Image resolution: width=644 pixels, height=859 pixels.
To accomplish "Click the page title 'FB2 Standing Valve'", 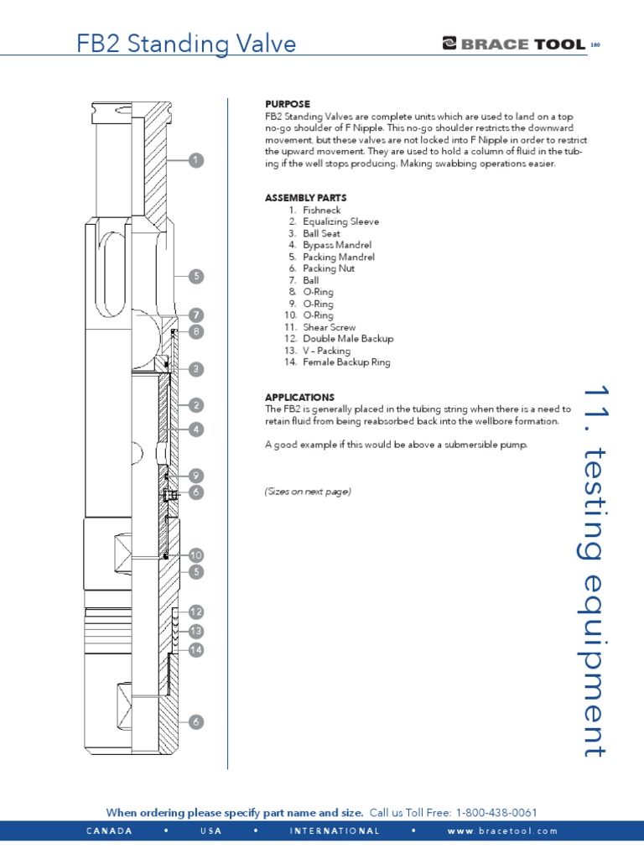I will tap(186, 44).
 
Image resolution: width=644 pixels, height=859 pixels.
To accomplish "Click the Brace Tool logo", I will tap(513, 44).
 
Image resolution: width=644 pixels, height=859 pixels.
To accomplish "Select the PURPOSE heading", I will tap(288, 103).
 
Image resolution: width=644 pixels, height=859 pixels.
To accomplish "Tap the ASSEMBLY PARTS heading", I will tap(306, 198).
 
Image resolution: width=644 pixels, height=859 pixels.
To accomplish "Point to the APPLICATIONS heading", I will tap(299, 397).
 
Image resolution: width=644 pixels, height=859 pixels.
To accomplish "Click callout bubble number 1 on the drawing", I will tap(195, 160).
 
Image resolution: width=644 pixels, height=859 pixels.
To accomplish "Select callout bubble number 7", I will tap(195, 315).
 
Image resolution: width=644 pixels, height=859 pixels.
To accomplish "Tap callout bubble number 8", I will tap(195, 332).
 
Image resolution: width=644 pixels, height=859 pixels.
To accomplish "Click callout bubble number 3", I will tap(195, 368).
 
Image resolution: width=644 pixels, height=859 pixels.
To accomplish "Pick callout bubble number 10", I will tap(195, 555).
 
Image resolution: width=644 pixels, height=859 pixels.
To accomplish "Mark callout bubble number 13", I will tap(195, 631).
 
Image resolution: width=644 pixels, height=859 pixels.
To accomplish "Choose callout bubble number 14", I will tap(195, 649).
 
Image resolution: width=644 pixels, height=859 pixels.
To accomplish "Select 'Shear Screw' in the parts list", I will tap(330, 327).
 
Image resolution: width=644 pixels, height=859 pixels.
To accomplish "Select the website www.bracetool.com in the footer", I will tap(502, 831).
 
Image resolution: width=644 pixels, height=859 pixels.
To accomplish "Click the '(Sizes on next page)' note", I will tap(308, 492).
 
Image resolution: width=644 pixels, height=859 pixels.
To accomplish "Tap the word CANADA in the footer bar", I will tap(109, 831).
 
